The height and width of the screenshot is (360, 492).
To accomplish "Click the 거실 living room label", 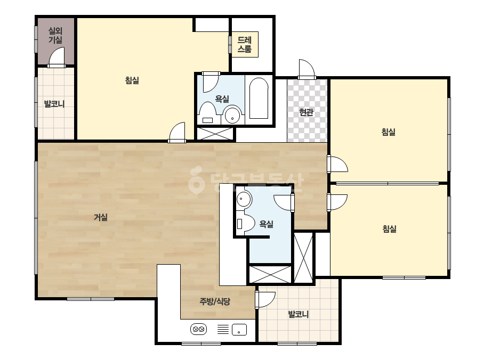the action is (101, 217).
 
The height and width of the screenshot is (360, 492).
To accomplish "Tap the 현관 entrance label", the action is (307, 112).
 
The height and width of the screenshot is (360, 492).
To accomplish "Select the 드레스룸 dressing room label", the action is (245, 44).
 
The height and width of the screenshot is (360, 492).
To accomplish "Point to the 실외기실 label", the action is (55, 35).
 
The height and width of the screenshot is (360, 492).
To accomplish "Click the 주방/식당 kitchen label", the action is (215, 301).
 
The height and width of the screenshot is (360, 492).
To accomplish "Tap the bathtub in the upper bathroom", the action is (259, 98).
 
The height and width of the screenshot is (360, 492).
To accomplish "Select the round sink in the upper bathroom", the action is (232, 116).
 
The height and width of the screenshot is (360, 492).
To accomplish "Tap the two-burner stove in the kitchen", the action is (199, 329).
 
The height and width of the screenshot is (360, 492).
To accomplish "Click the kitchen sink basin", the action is (239, 330).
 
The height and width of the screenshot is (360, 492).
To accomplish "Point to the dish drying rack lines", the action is (223, 329).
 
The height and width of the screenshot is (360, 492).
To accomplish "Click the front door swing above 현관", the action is (307, 69).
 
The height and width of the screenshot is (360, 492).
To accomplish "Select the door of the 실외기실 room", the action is (57, 57).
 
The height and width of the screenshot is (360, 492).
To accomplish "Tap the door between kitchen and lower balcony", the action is (265, 300).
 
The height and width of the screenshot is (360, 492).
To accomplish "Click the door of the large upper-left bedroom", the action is (178, 132).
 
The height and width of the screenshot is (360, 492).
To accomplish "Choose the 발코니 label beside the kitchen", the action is (299, 314).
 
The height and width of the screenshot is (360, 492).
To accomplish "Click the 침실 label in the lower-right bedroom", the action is (390, 228).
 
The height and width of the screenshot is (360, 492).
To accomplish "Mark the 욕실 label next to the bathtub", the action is (222, 99).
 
